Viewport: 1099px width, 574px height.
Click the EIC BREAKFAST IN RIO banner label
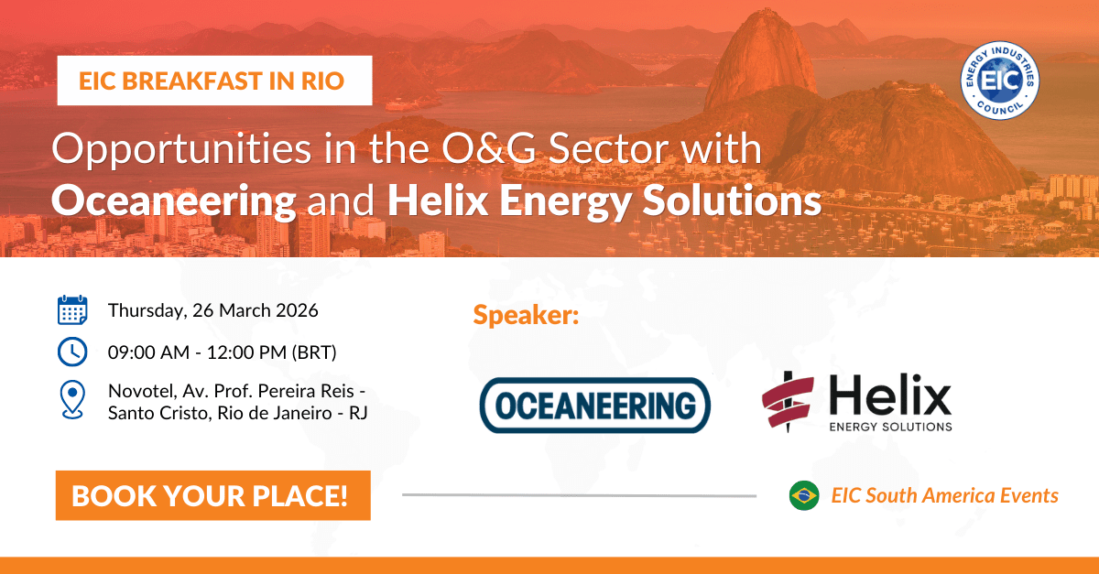point(212,81)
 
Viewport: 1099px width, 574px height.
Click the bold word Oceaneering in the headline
point(173,200)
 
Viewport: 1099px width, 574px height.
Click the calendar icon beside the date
point(71,310)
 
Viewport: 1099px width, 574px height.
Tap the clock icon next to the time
point(71,351)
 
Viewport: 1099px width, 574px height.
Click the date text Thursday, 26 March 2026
point(212,310)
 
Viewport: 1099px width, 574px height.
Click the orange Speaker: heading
point(527,316)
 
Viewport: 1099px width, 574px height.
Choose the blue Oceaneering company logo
point(595,405)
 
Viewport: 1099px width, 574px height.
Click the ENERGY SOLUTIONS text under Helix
point(891,426)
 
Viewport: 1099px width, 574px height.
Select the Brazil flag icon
point(804,495)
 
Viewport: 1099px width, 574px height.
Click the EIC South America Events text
point(944,495)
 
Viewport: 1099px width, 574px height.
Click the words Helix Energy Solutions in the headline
point(604,200)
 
